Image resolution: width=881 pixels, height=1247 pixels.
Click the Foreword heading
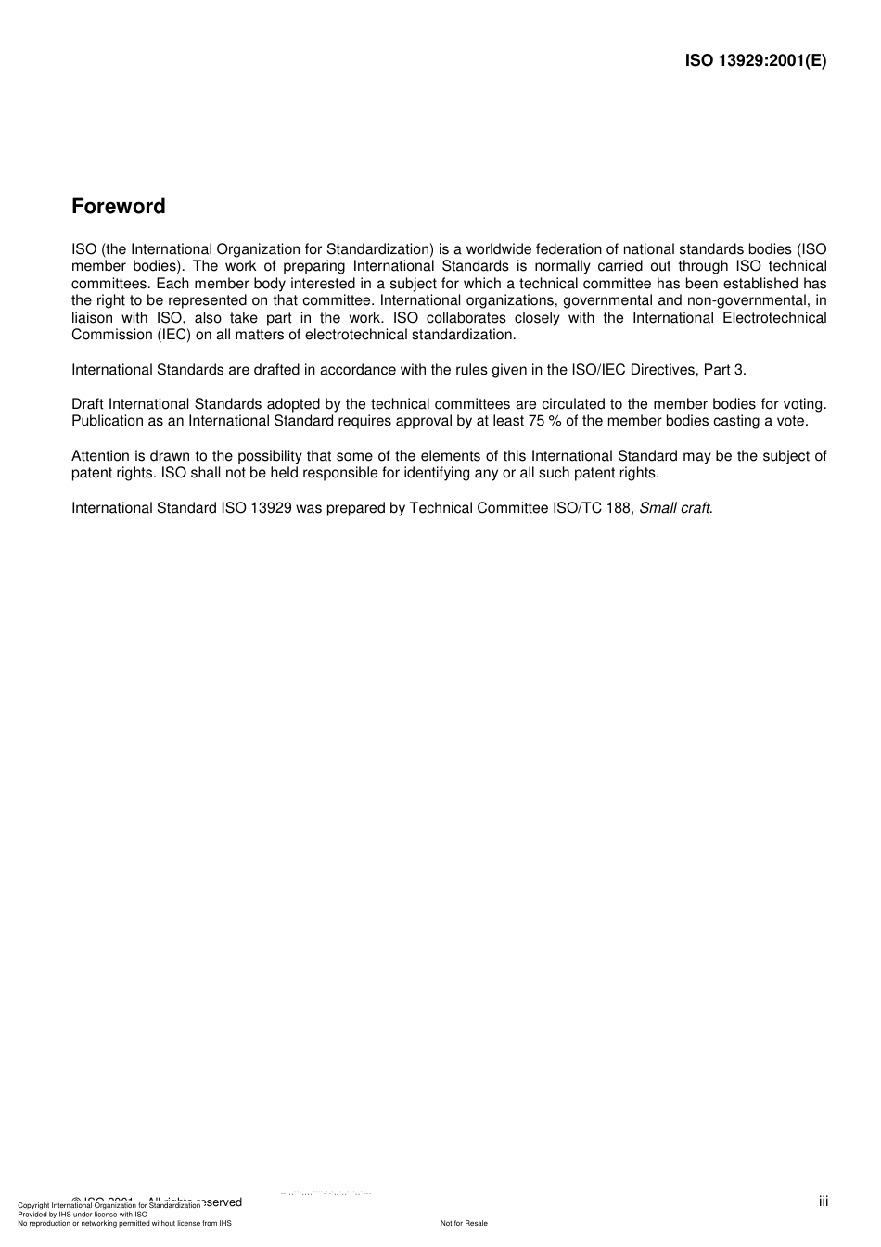[x=119, y=207]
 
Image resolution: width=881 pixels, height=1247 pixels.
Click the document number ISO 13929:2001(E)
[x=755, y=61]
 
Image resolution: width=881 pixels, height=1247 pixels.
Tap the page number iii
[x=824, y=1202]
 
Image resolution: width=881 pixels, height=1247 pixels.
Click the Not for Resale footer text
[x=464, y=1223]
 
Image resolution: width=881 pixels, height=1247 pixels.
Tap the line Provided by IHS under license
[x=83, y=1215]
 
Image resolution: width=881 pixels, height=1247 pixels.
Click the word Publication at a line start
[x=109, y=421]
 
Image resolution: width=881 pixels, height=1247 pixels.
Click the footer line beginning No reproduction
[x=124, y=1223]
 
